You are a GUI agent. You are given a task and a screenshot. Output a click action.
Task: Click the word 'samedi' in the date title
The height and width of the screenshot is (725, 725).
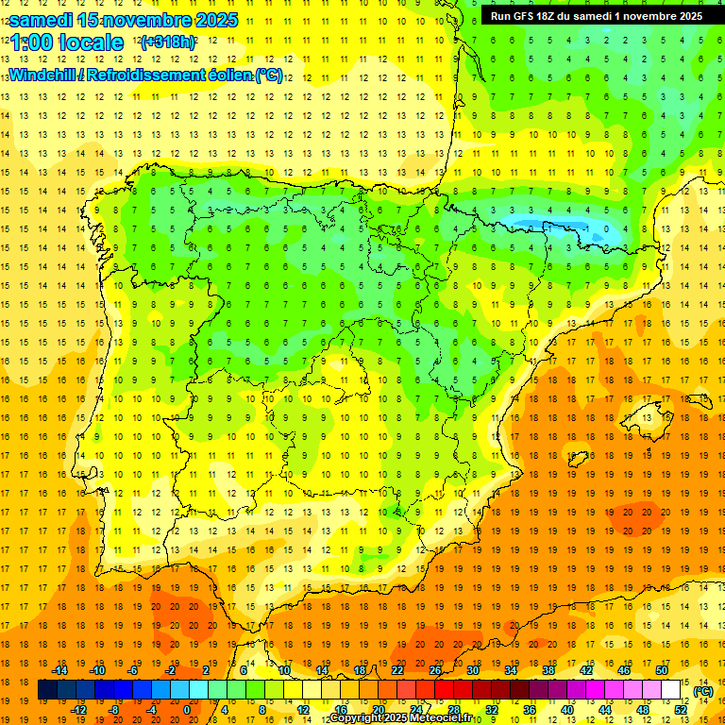[x=43, y=20]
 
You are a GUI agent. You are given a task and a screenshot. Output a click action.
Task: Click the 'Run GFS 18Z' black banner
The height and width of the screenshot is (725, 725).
[x=596, y=16]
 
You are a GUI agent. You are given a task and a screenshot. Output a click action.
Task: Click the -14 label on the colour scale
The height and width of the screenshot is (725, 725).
[x=59, y=670]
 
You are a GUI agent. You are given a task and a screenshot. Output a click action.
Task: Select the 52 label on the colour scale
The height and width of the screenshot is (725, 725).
[x=681, y=710]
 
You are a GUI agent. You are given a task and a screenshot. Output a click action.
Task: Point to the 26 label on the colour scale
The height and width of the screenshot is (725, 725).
[x=435, y=670]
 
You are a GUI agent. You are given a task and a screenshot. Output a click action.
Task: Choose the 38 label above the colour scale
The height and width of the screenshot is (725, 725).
[x=548, y=670]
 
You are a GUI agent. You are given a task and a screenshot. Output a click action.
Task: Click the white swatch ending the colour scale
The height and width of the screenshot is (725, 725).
[x=671, y=690]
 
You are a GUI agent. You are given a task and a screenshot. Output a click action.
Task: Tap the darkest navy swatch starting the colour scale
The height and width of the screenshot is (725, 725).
[x=47, y=690]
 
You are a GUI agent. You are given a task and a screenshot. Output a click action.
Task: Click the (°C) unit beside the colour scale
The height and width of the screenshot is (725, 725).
[x=702, y=691]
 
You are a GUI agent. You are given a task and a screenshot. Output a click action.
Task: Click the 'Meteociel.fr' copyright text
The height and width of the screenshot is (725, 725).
[x=444, y=718]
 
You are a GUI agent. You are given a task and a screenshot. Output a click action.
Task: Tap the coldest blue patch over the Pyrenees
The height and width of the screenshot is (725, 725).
[x=566, y=228]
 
